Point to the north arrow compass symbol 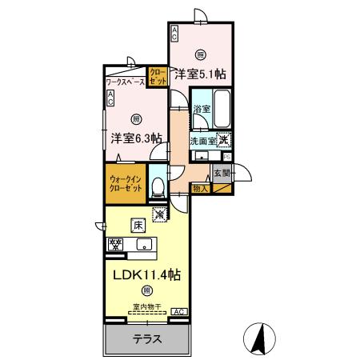(258, 338)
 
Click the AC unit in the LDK (178, 311)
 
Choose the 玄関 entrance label (222, 171)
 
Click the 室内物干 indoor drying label (146, 306)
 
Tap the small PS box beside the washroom (227, 157)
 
